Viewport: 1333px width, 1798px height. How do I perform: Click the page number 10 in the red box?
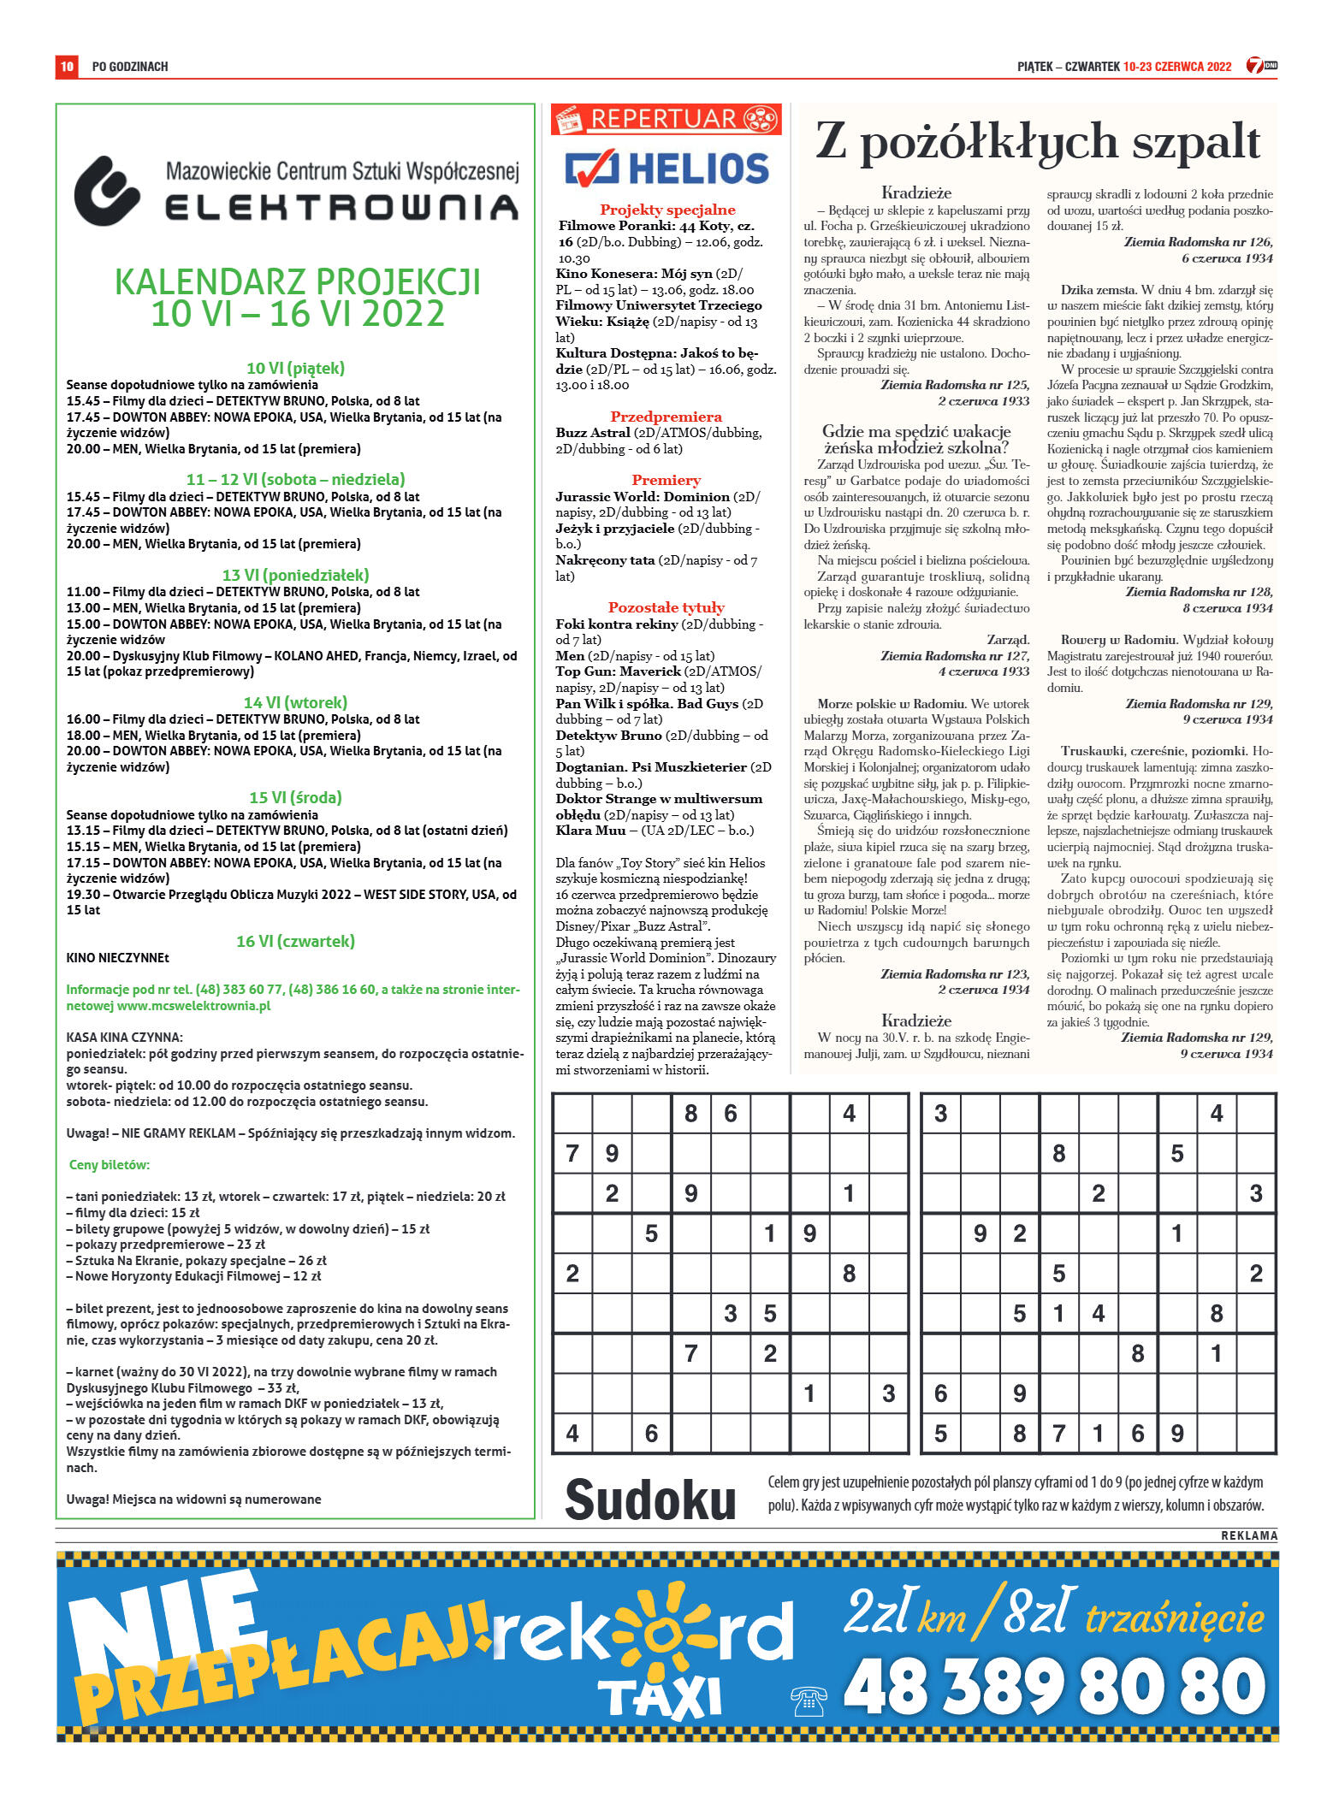coord(67,66)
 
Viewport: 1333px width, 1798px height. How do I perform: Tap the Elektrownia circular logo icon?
coord(107,190)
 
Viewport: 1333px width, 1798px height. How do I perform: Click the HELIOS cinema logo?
coord(666,169)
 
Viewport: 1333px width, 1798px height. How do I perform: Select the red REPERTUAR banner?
coord(666,119)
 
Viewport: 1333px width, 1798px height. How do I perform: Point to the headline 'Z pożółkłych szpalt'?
coord(1037,142)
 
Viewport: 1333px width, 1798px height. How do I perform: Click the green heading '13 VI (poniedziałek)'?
coord(295,575)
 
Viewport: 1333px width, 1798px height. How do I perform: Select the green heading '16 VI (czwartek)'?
coord(295,941)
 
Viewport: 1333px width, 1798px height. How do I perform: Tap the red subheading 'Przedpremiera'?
coord(666,417)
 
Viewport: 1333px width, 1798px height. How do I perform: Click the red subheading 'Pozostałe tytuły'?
coord(666,607)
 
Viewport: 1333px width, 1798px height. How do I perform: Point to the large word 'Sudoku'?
coord(650,1499)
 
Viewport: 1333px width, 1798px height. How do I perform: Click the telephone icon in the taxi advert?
coord(809,1701)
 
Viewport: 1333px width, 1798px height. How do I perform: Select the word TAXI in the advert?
coord(660,1698)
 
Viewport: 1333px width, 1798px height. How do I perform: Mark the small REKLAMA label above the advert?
coord(1248,1536)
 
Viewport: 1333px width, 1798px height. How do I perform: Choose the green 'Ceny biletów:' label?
coord(109,1165)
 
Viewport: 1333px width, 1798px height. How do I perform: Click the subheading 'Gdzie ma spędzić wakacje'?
coord(916,431)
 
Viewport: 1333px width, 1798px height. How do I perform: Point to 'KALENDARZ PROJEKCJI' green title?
coord(298,282)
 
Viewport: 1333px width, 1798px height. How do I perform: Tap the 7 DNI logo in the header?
coord(1261,66)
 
